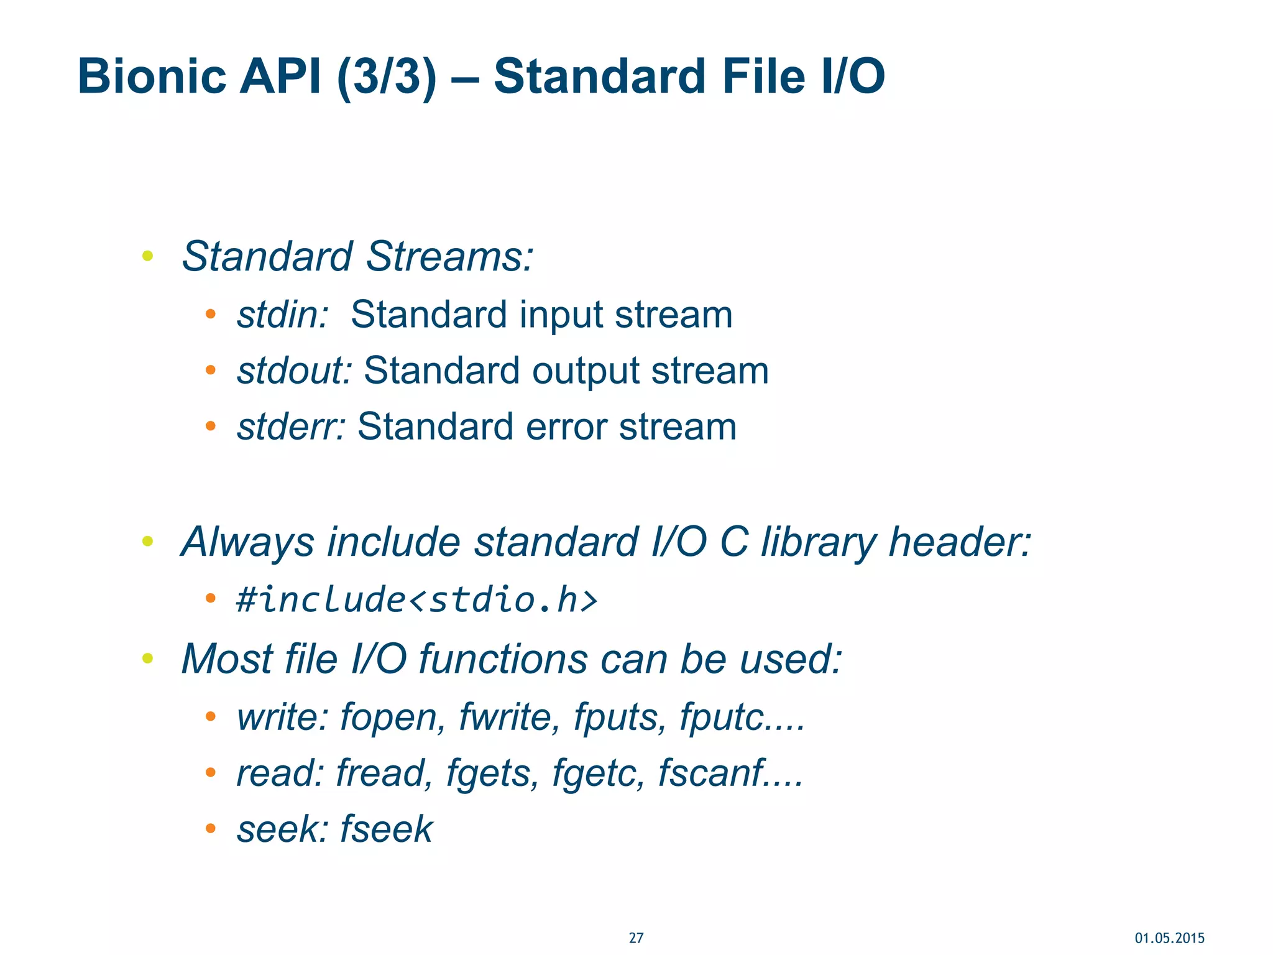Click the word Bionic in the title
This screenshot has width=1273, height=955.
[x=152, y=76]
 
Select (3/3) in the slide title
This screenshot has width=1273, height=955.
[x=386, y=76]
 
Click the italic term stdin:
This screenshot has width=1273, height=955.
[x=282, y=315]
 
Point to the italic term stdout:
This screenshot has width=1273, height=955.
[x=295, y=371]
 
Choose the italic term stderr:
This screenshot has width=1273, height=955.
[x=291, y=427]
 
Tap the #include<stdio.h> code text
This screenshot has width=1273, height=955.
[x=416, y=600]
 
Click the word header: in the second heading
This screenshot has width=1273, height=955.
[x=960, y=542]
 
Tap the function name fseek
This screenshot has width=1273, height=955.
[x=386, y=829]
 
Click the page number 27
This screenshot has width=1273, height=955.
[x=636, y=938]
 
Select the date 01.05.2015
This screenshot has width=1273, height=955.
[x=1169, y=938]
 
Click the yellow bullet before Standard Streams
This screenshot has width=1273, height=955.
[x=147, y=255]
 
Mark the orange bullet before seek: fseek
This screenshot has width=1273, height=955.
[x=211, y=828]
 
